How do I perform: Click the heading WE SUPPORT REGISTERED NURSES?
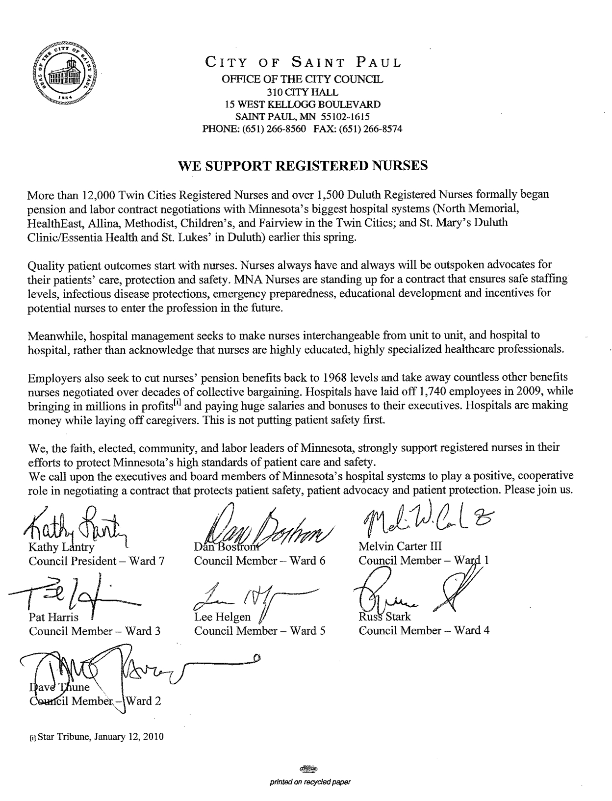pyautogui.click(x=303, y=166)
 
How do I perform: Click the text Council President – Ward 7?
pyautogui.click(x=96, y=561)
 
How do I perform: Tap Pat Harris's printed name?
pyautogui.click(x=53, y=617)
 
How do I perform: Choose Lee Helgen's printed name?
pyautogui.click(x=223, y=617)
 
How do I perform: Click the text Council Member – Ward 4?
pyautogui.click(x=424, y=630)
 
